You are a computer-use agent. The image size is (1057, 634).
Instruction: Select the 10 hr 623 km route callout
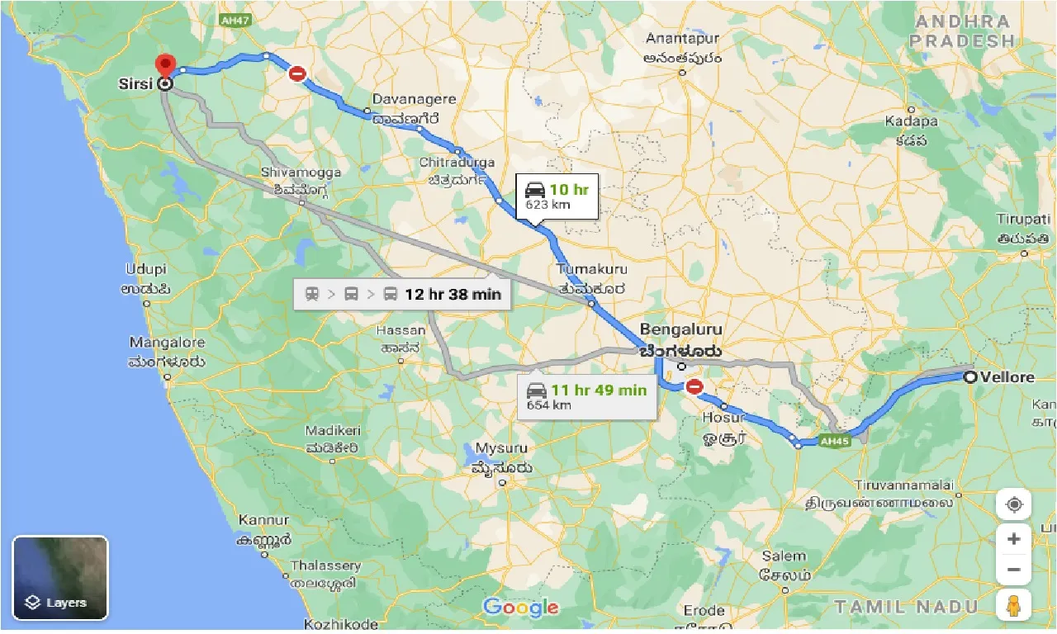(557, 196)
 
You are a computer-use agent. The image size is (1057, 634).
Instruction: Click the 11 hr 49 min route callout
(587, 396)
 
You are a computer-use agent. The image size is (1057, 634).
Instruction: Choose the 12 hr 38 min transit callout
(402, 294)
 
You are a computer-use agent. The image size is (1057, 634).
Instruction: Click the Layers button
(60, 578)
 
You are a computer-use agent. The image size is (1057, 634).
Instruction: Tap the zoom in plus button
(1013, 539)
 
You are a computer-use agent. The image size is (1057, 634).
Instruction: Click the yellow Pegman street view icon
(1013, 605)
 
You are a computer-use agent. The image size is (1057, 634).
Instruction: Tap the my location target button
(1013, 504)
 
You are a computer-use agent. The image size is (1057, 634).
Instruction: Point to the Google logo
(521, 608)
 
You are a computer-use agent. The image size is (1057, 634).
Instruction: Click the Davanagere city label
(414, 99)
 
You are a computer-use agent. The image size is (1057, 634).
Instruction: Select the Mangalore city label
(167, 342)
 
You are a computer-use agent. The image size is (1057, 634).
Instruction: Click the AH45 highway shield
(835, 441)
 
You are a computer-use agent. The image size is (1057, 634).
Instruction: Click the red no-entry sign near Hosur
(694, 386)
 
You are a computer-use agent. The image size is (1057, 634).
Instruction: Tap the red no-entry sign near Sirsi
(297, 73)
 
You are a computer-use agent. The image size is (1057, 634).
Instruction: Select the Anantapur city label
(683, 39)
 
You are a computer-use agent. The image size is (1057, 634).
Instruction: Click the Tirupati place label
(1023, 219)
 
